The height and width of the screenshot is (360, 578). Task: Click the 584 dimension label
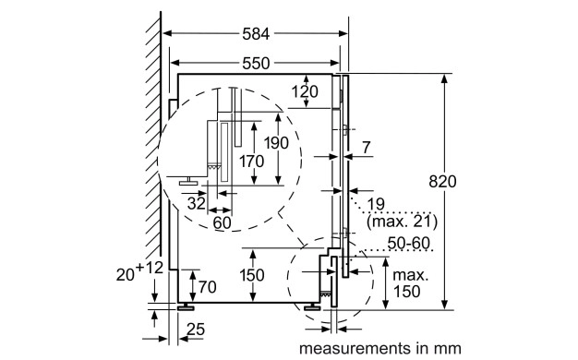pos(256,34)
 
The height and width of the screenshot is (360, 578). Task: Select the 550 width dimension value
pos(256,64)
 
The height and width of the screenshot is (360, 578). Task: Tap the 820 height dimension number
pos(442,181)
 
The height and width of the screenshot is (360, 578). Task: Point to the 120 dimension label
pos(305,91)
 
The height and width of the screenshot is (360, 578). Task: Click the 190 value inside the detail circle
pos(276,142)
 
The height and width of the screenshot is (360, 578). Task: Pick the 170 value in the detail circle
pos(251,162)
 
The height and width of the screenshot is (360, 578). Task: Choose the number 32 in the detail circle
pos(196,203)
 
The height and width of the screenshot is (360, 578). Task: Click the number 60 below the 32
pos(222,222)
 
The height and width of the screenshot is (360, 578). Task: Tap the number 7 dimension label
pos(366,148)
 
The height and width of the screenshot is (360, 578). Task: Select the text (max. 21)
pos(403,222)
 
